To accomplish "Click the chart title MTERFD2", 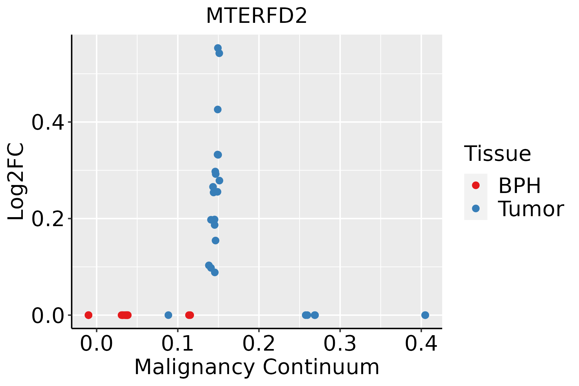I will click(x=256, y=16).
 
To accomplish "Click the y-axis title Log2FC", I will click(x=16, y=182).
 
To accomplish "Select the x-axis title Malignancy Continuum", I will click(x=256, y=367).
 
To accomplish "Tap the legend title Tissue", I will click(x=497, y=154).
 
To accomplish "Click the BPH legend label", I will click(x=519, y=186).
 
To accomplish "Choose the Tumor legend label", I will click(x=531, y=209).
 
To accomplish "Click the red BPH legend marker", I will click(x=475, y=185).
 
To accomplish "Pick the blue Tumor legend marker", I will click(x=475, y=208).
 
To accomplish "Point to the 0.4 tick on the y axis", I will click(x=48, y=122).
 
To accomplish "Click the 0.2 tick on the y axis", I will click(x=48, y=219).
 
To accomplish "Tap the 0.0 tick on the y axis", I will click(x=48, y=315).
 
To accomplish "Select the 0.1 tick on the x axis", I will click(x=178, y=344).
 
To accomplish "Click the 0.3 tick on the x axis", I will click(x=340, y=344).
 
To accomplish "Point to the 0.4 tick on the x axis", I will click(x=421, y=344).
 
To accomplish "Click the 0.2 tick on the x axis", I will click(x=259, y=344).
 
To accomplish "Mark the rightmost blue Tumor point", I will click(x=425, y=315).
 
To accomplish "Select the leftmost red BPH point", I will click(x=88, y=315).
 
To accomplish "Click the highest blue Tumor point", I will click(x=218, y=48).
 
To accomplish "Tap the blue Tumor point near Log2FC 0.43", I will click(x=218, y=110).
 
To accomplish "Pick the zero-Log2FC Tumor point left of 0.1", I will click(x=168, y=315).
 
